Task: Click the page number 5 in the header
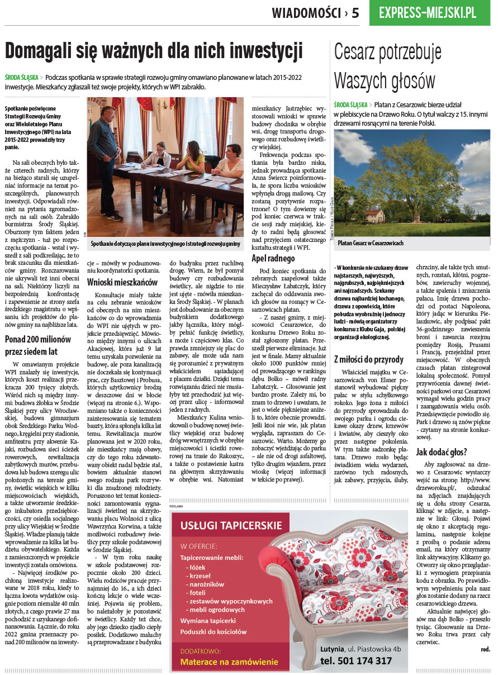coord(355,12)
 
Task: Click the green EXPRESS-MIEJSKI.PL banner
coord(429,13)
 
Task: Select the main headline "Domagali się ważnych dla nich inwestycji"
coord(154,51)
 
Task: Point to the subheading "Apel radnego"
coord(273,258)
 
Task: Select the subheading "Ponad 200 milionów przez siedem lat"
coord(39,345)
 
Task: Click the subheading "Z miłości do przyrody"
coord(368,358)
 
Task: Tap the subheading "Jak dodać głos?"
coord(442,452)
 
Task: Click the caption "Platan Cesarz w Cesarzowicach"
coord(371,244)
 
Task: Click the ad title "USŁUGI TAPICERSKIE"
coord(231,525)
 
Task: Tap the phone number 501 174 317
coord(357,660)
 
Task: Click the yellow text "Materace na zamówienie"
coord(229,662)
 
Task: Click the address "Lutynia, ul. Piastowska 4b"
coord(361,649)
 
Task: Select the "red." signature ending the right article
coord(485,649)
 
